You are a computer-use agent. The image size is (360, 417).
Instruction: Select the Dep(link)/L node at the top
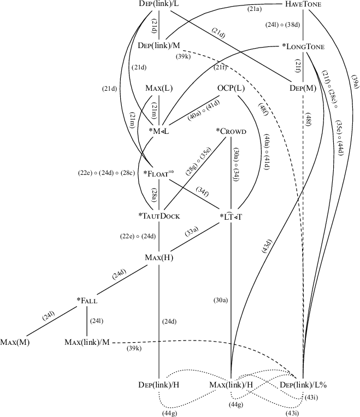[159, 4]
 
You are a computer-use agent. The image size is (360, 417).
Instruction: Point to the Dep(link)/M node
[159, 45]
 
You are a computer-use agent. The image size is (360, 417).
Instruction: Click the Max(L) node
[159, 88]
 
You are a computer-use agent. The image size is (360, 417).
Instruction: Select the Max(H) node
[159, 257]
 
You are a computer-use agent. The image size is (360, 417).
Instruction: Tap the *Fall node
[87, 300]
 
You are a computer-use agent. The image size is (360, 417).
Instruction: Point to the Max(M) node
[15, 343]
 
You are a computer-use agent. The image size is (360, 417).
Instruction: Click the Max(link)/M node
[87, 343]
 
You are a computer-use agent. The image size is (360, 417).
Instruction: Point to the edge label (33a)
[191, 232]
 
